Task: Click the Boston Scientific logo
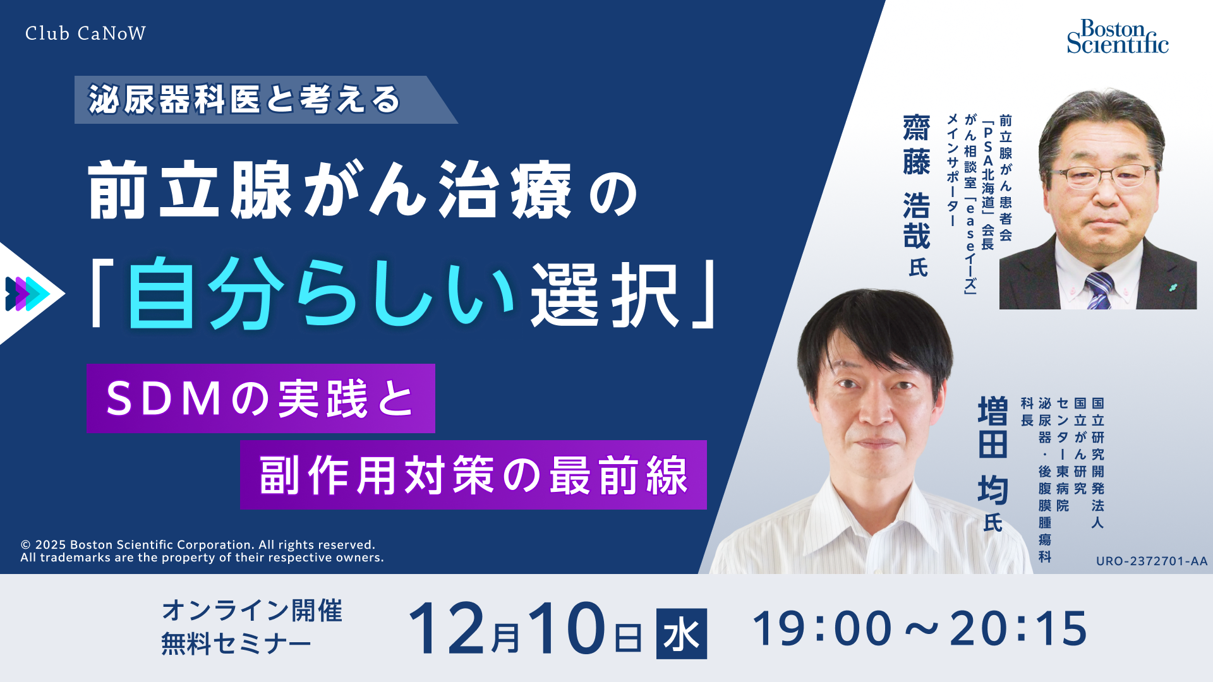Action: pyautogui.click(x=1117, y=37)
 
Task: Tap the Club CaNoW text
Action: pyautogui.click(x=85, y=33)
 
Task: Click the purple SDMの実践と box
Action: pyautogui.click(x=260, y=398)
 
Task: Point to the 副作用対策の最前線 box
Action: pyautogui.click(x=473, y=475)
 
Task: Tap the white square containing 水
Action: pyautogui.click(x=681, y=633)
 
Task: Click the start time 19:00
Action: pyautogui.click(x=822, y=629)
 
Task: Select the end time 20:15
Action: pyautogui.click(x=1018, y=629)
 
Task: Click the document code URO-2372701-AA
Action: pyautogui.click(x=1151, y=561)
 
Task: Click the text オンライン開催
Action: pyautogui.click(x=252, y=611)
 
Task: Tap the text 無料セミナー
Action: pyautogui.click(x=236, y=644)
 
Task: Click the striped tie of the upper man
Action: pyautogui.click(x=1099, y=290)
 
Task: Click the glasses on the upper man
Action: pyautogui.click(x=1100, y=175)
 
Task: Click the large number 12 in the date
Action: pyautogui.click(x=447, y=629)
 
